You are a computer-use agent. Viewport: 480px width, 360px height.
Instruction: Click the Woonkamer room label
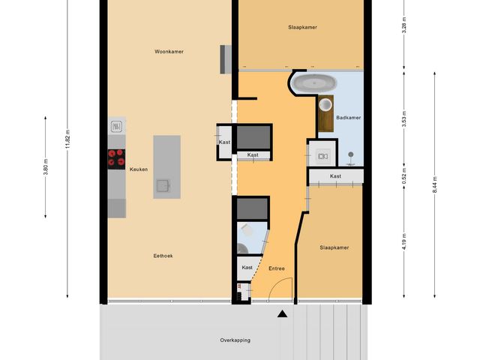(x=169, y=52)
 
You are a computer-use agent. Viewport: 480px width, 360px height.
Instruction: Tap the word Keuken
(x=138, y=169)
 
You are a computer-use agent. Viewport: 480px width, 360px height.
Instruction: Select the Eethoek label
(x=163, y=256)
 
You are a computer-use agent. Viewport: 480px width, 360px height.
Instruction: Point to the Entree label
(x=276, y=268)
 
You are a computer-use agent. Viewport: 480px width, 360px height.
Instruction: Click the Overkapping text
(x=235, y=340)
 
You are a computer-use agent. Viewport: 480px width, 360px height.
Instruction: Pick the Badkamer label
(x=349, y=118)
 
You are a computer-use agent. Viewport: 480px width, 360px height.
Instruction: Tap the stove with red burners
(x=116, y=157)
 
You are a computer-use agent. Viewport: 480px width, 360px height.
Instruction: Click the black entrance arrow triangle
(x=282, y=315)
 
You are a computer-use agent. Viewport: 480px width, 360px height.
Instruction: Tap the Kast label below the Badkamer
(x=335, y=176)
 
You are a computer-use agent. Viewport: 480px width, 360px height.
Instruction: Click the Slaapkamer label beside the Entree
(x=334, y=247)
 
